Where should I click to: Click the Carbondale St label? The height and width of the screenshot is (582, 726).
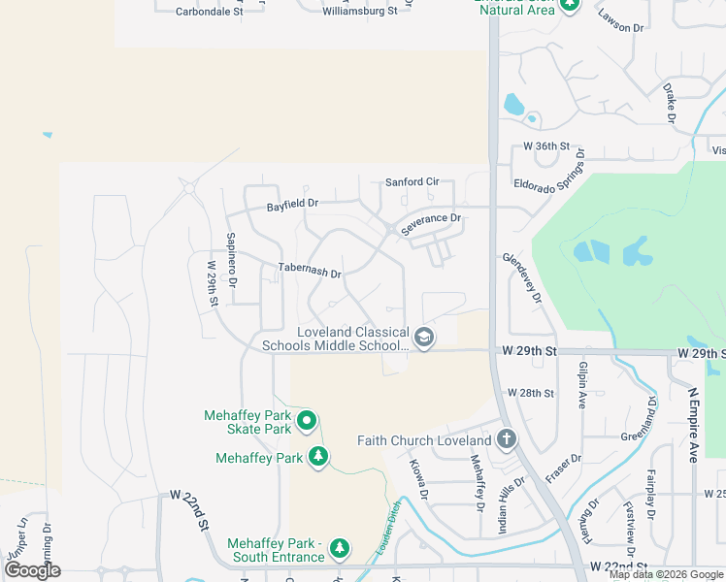pyautogui.click(x=209, y=12)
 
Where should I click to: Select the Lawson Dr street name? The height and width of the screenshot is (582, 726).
pyautogui.click(x=621, y=21)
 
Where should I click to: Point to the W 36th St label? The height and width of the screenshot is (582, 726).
pyautogui.click(x=544, y=146)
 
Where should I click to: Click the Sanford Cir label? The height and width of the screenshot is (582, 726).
pyautogui.click(x=412, y=181)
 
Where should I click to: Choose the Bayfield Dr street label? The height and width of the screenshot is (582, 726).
pyautogui.click(x=293, y=205)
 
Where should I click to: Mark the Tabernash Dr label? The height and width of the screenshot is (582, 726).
pyautogui.click(x=310, y=272)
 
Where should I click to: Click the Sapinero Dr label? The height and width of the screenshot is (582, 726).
pyautogui.click(x=231, y=260)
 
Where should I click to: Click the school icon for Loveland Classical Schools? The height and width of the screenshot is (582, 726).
pyautogui.click(x=423, y=338)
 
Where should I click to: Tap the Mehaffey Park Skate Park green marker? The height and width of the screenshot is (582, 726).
pyautogui.click(x=306, y=421)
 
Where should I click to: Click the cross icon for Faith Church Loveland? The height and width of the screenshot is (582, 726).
pyautogui.click(x=505, y=440)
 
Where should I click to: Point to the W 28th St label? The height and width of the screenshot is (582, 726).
pyautogui.click(x=531, y=394)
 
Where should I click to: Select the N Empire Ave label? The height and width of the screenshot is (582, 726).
pyautogui.click(x=693, y=425)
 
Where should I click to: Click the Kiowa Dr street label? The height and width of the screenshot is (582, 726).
pyautogui.click(x=419, y=480)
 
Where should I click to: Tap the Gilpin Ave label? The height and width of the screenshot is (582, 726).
pyautogui.click(x=582, y=384)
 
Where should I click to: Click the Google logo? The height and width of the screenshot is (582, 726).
pyautogui.click(x=32, y=570)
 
